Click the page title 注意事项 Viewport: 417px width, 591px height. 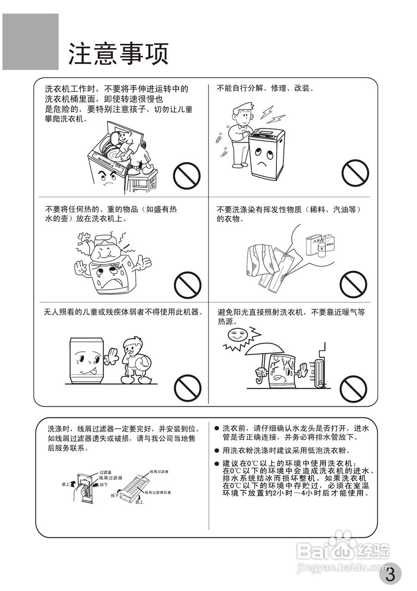(118, 54)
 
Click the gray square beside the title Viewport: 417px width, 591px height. (31, 42)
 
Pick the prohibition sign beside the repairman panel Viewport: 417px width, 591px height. (355, 173)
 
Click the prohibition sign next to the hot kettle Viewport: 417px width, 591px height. (187, 285)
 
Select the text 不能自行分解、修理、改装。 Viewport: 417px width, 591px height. (265, 88)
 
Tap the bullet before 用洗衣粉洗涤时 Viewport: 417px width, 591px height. (216, 451)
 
